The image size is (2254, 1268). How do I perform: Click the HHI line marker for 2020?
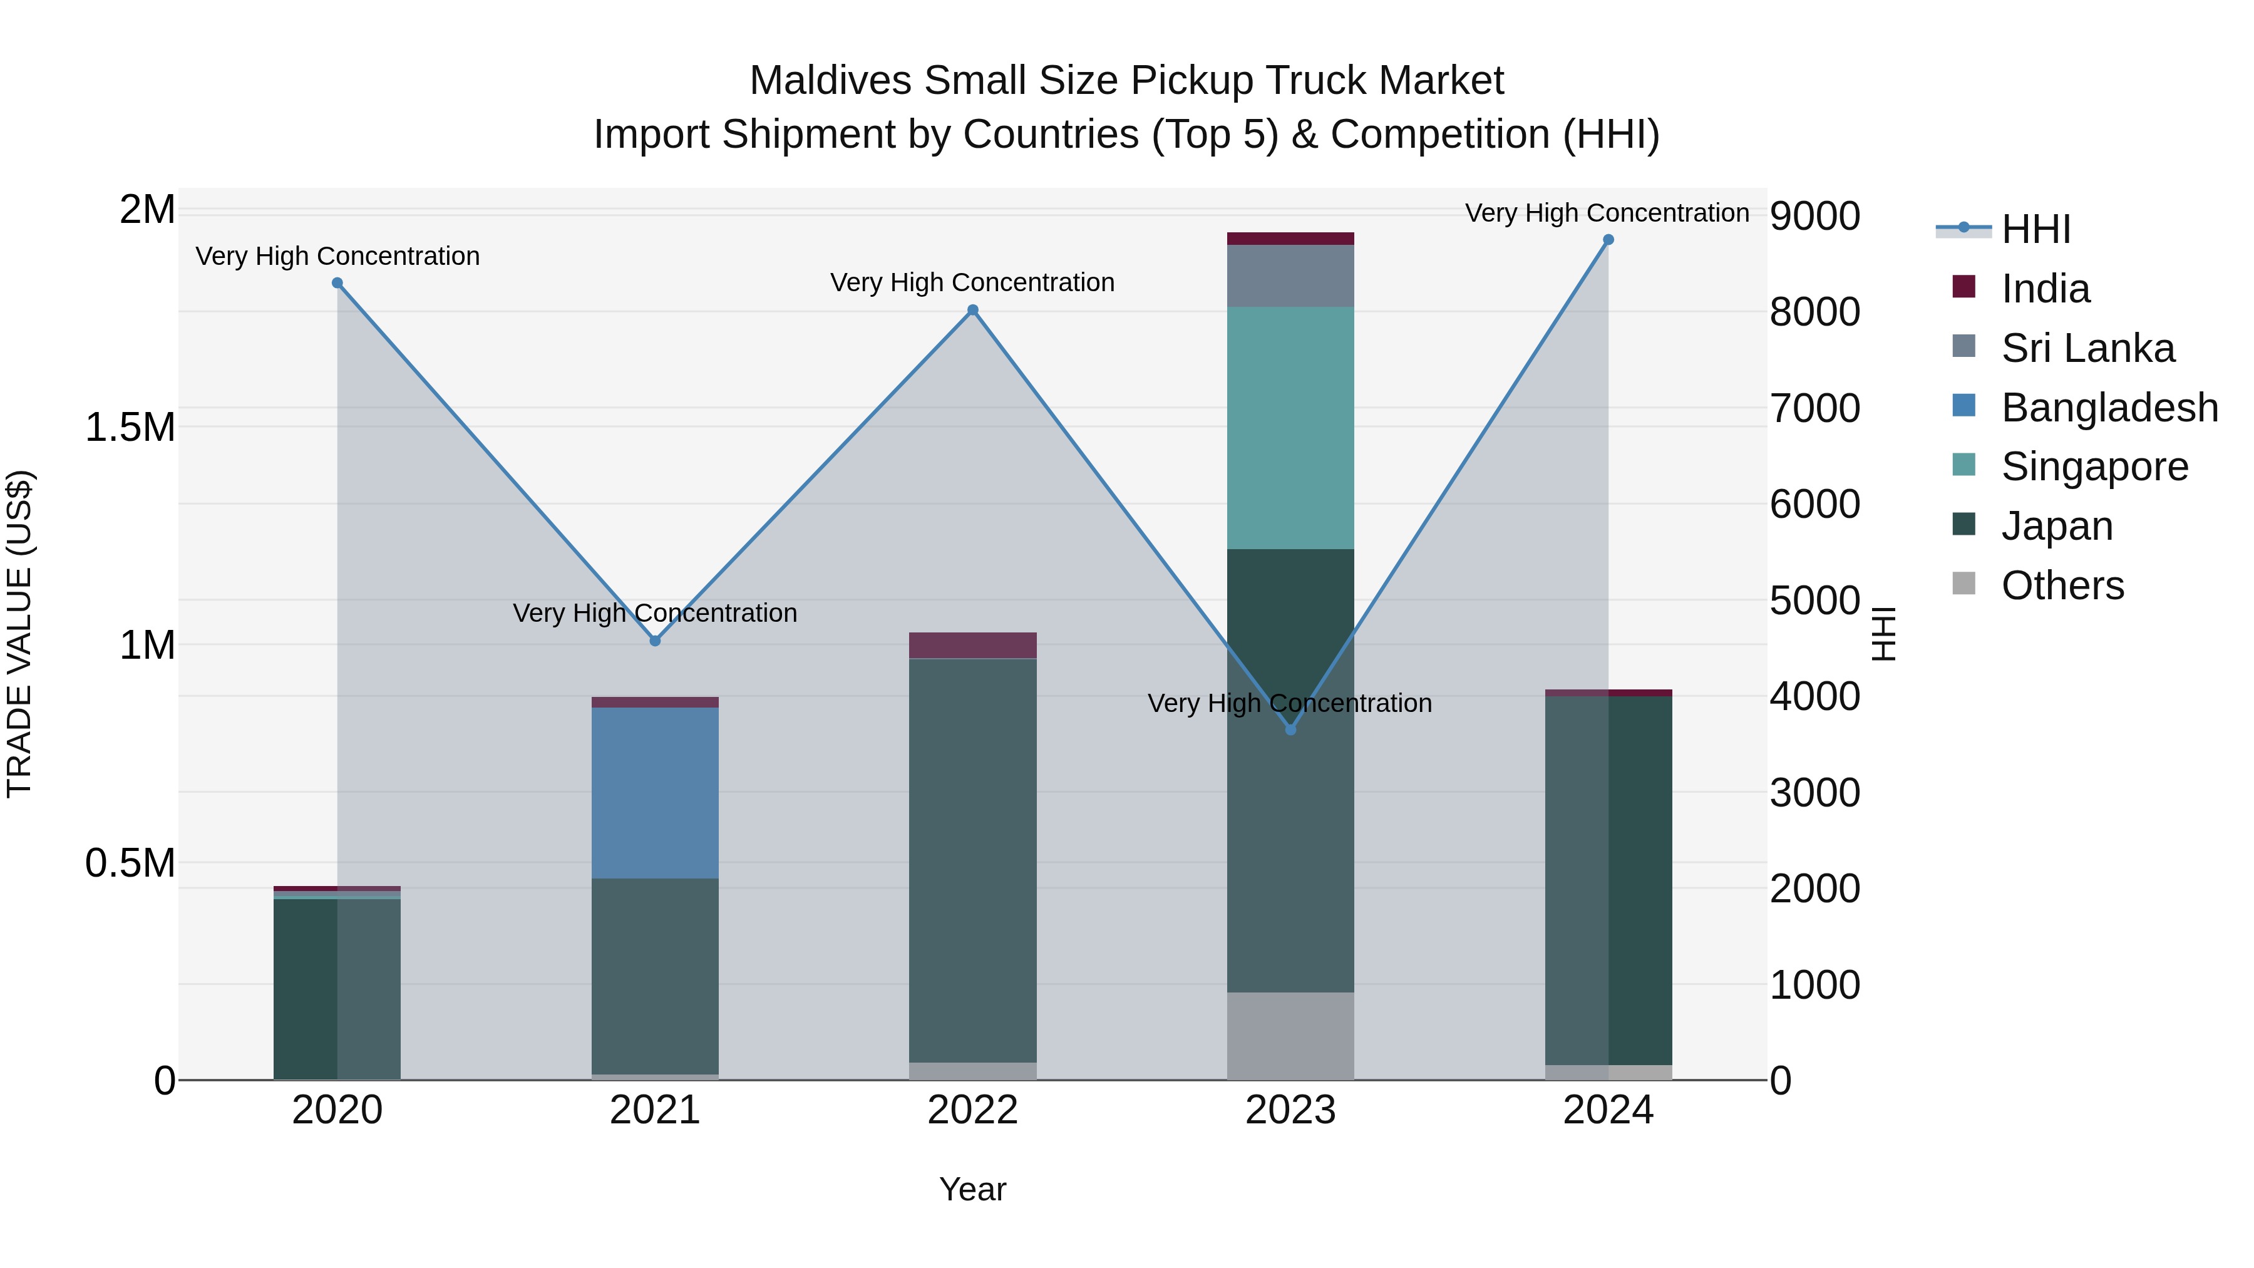[x=337, y=282]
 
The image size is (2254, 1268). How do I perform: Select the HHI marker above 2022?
[x=972, y=310]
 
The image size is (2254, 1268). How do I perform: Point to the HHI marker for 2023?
[x=1290, y=729]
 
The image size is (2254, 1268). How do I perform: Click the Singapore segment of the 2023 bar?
[x=1290, y=427]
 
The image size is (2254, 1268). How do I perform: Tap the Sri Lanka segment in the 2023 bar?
[x=1290, y=276]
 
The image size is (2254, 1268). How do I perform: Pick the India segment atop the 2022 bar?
[x=972, y=645]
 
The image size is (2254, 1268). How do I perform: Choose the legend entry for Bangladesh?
[x=2108, y=408]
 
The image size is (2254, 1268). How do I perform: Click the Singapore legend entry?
[x=2093, y=466]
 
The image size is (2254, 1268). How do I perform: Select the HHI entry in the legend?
[x=2035, y=229]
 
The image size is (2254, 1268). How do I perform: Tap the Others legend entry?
[x=2062, y=585]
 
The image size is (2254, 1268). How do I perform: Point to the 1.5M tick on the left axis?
[x=130, y=428]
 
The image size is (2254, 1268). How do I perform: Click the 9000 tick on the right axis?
[x=1814, y=216]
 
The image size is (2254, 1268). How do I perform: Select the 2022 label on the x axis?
[x=972, y=1110]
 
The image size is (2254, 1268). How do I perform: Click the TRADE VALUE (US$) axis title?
[x=19, y=634]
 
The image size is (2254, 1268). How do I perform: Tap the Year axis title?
[x=972, y=1189]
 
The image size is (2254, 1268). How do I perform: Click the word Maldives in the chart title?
[x=830, y=81]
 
